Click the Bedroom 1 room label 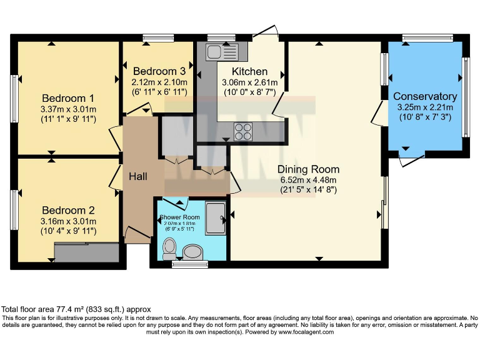pyautogui.click(x=68, y=98)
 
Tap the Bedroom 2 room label pyautogui.click(x=68, y=210)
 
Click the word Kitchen pyautogui.click(x=249, y=72)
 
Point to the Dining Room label pyautogui.click(x=308, y=169)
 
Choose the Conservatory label pyautogui.click(x=425, y=96)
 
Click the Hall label pyautogui.click(x=138, y=177)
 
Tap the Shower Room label pyautogui.click(x=179, y=217)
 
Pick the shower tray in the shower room pyautogui.click(x=216, y=218)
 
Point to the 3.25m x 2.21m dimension pyautogui.click(x=425, y=107)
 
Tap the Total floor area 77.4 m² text pyautogui.click(x=76, y=309)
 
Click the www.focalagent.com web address pyautogui.click(x=298, y=332)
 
